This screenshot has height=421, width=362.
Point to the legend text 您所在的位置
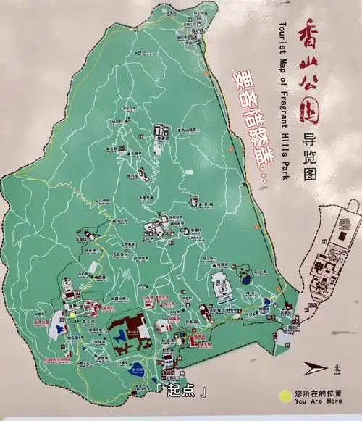pyautogui.click(x=319, y=393)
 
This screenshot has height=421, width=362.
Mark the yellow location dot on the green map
pyautogui.click(x=72, y=314)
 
